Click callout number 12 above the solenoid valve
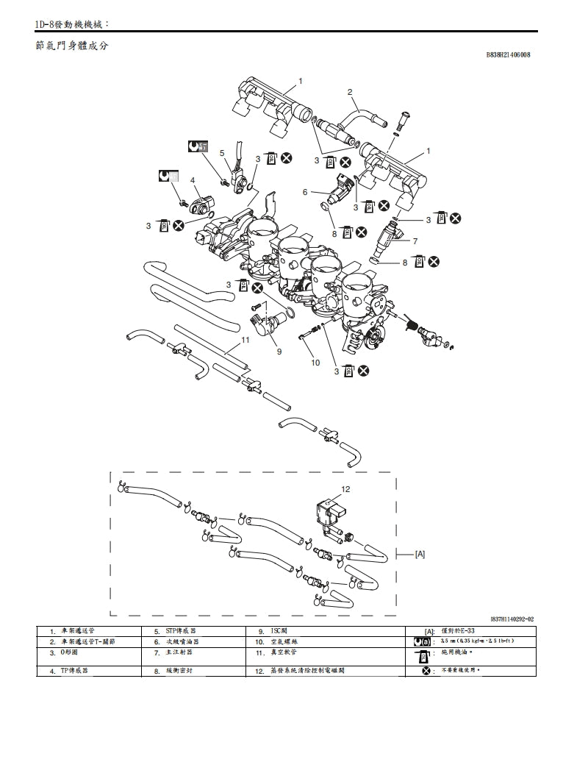pyautogui.click(x=345, y=488)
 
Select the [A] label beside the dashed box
pyautogui.click(x=420, y=553)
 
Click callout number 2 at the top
pyautogui.click(x=350, y=92)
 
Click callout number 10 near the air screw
pyautogui.click(x=315, y=363)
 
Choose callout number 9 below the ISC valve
pyautogui.click(x=279, y=352)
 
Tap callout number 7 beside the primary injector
pyautogui.click(x=415, y=241)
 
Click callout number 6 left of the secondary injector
pyautogui.click(x=305, y=192)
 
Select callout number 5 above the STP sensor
pyautogui.click(x=222, y=153)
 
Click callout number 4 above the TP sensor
pyautogui.click(x=193, y=180)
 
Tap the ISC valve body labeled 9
pyautogui.click(x=269, y=321)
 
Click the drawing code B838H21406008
pyautogui.click(x=508, y=55)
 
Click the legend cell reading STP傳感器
pyautogui.click(x=181, y=631)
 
